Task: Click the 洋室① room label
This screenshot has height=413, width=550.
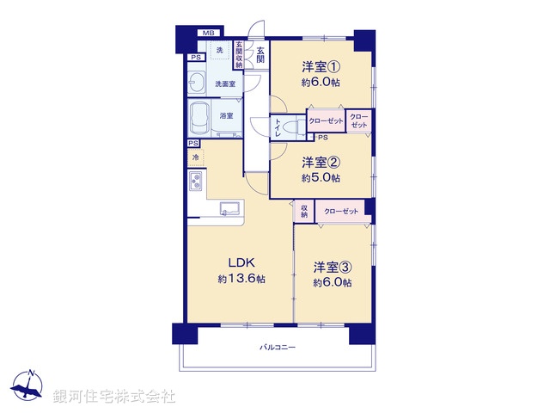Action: [x=321, y=67]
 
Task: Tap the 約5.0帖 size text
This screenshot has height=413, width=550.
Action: [x=321, y=178]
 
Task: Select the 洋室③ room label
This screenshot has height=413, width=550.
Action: [x=333, y=267]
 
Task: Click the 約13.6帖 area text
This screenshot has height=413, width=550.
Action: [x=241, y=280]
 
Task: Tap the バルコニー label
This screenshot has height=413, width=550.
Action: [x=278, y=348]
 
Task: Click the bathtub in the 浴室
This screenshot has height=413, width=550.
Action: [x=204, y=117]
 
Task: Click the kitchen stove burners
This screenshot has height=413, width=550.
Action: [x=196, y=182]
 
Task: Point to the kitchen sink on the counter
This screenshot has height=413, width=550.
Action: [x=229, y=208]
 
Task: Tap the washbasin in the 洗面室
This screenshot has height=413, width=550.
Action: [x=196, y=83]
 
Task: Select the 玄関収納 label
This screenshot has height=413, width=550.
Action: [x=238, y=55]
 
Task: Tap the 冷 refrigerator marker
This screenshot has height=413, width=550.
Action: [x=196, y=157]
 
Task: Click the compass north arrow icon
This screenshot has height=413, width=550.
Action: [x=29, y=385]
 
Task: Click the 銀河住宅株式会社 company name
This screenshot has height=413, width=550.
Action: [x=113, y=396]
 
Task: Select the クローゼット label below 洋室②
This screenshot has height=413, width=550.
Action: [x=339, y=211]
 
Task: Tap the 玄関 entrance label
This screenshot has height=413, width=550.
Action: [x=260, y=55]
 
